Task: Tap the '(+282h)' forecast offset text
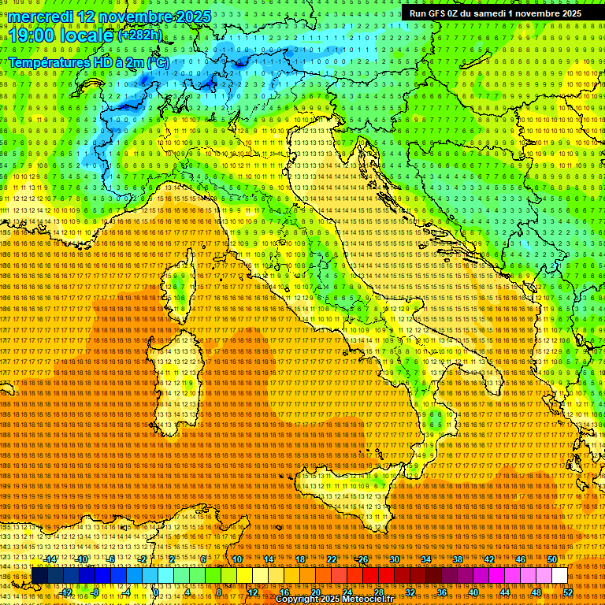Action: (x=140, y=35)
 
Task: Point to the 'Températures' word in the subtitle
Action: (x=51, y=62)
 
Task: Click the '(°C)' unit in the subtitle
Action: (x=157, y=62)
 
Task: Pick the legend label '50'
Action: (x=552, y=559)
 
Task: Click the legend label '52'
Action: (x=568, y=592)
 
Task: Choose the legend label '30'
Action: (x=395, y=559)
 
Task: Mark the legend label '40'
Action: (x=473, y=592)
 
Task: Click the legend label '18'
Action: (x=300, y=559)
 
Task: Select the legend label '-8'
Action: (x=98, y=592)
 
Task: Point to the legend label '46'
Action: (x=521, y=559)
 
